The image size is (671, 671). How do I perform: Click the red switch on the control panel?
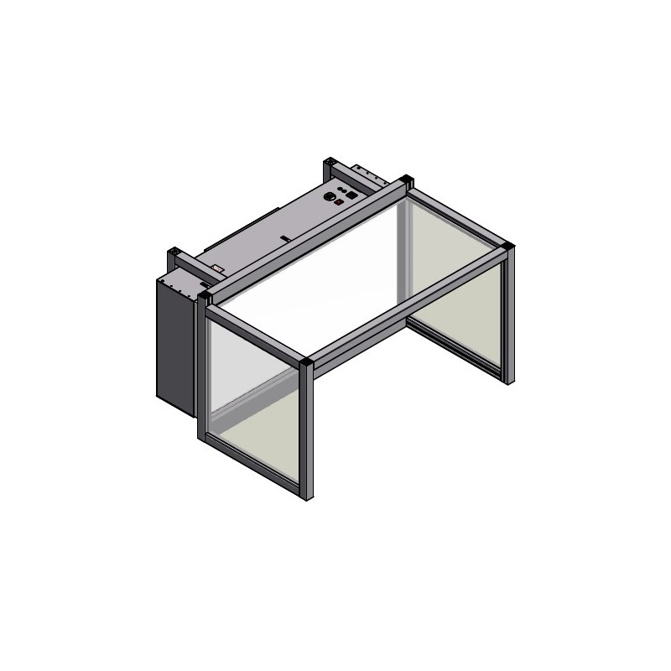339,202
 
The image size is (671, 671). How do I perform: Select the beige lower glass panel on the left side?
252,449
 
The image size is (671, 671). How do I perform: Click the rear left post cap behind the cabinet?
176,252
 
